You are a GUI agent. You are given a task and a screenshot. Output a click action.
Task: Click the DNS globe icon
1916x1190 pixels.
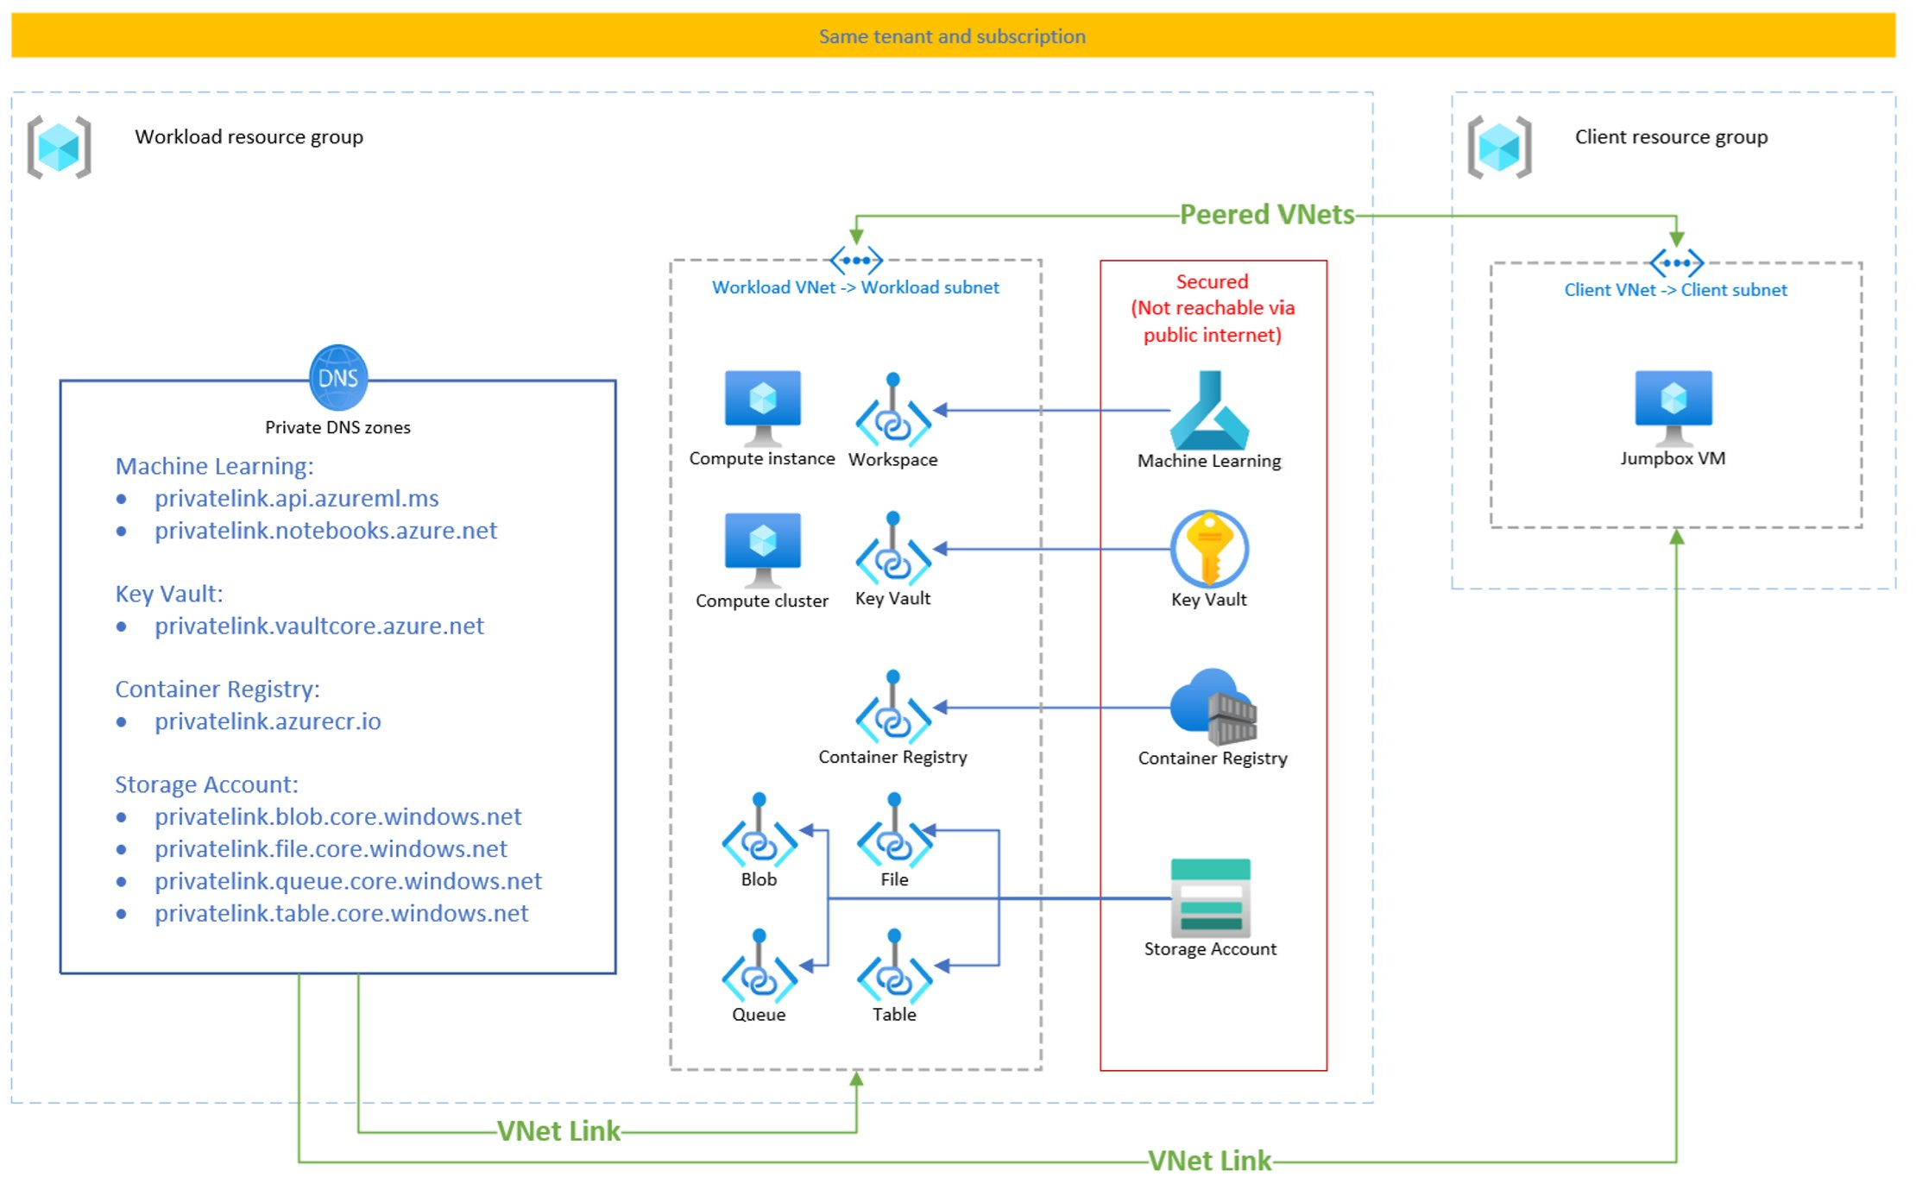[x=337, y=378]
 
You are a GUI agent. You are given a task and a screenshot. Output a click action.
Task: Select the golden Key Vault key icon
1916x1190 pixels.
[x=1209, y=549]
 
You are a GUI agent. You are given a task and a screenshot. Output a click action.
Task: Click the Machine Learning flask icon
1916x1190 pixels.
[x=1208, y=409]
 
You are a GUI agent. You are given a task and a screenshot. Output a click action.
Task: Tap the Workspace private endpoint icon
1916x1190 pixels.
[x=892, y=412]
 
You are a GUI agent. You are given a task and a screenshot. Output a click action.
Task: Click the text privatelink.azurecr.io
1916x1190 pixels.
[x=268, y=721]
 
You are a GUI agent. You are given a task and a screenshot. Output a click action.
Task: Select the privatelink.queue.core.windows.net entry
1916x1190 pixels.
[x=348, y=881]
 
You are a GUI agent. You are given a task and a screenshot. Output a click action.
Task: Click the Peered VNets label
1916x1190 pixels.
[x=1266, y=214]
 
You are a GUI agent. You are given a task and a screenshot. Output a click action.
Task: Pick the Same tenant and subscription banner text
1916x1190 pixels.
[x=952, y=36]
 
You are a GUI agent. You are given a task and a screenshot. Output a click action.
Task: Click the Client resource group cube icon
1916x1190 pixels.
[x=1499, y=147]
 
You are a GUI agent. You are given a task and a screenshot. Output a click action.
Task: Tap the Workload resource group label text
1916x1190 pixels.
[x=249, y=136]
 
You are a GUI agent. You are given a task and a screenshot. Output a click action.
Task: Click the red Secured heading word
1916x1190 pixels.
[x=1212, y=281]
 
